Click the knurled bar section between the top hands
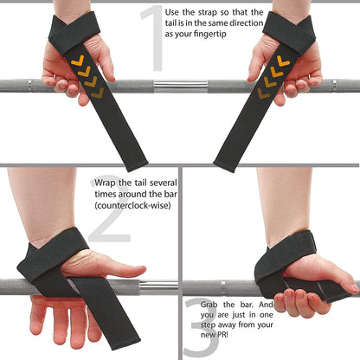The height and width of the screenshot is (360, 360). [181, 87]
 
